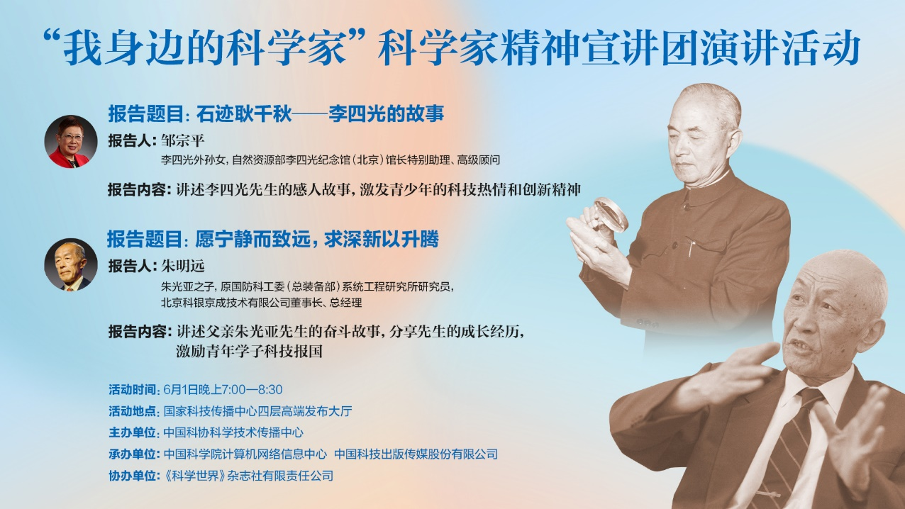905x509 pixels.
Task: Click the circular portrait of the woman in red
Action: [71, 141]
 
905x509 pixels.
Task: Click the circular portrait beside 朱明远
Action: [71, 264]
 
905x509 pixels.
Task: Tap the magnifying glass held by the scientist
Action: [610, 214]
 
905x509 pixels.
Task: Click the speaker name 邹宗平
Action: [182, 140]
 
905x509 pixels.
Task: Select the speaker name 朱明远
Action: [182, 266]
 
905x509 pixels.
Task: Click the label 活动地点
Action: [132, 411]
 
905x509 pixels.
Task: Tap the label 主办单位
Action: [132, 432]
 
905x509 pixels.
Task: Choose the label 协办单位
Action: [132, 476]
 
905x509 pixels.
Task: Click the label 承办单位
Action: [132, 454]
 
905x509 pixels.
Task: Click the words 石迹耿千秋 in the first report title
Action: [243, 114]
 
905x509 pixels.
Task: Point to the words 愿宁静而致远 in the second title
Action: [253, 239]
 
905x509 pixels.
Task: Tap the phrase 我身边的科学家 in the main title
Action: [204, 47]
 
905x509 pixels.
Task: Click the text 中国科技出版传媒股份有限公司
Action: [416, 454]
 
